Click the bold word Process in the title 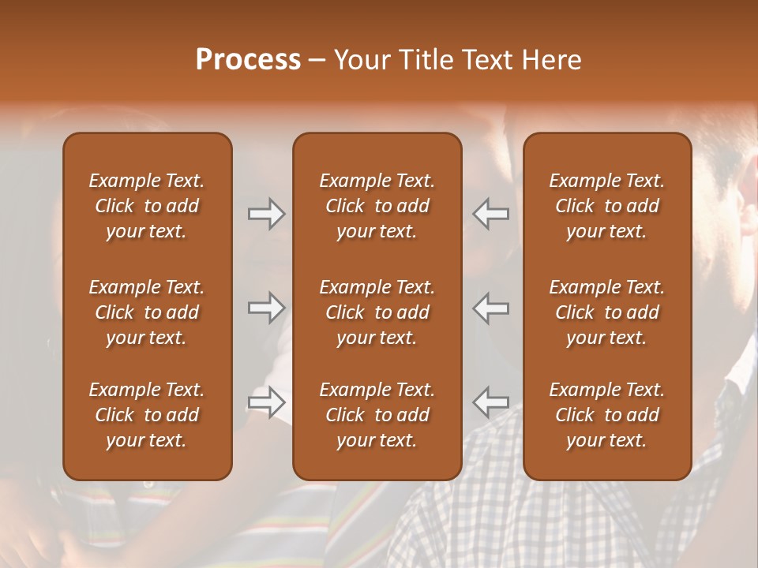[248, 60]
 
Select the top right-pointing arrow [267, 214]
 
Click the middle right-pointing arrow [267, 308]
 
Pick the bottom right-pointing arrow [267, 402]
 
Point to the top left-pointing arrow [490, 214]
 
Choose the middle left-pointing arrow [490, 308]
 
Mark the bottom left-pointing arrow [490, 402]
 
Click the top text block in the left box [147, 206]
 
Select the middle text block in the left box [147, 312]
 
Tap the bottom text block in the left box [147, 415]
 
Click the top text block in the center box [377, 206]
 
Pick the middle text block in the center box [377, 312]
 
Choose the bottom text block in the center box [377, 415]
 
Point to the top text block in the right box [607, 206]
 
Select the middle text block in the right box [607, 312]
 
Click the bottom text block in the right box [607, 415]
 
